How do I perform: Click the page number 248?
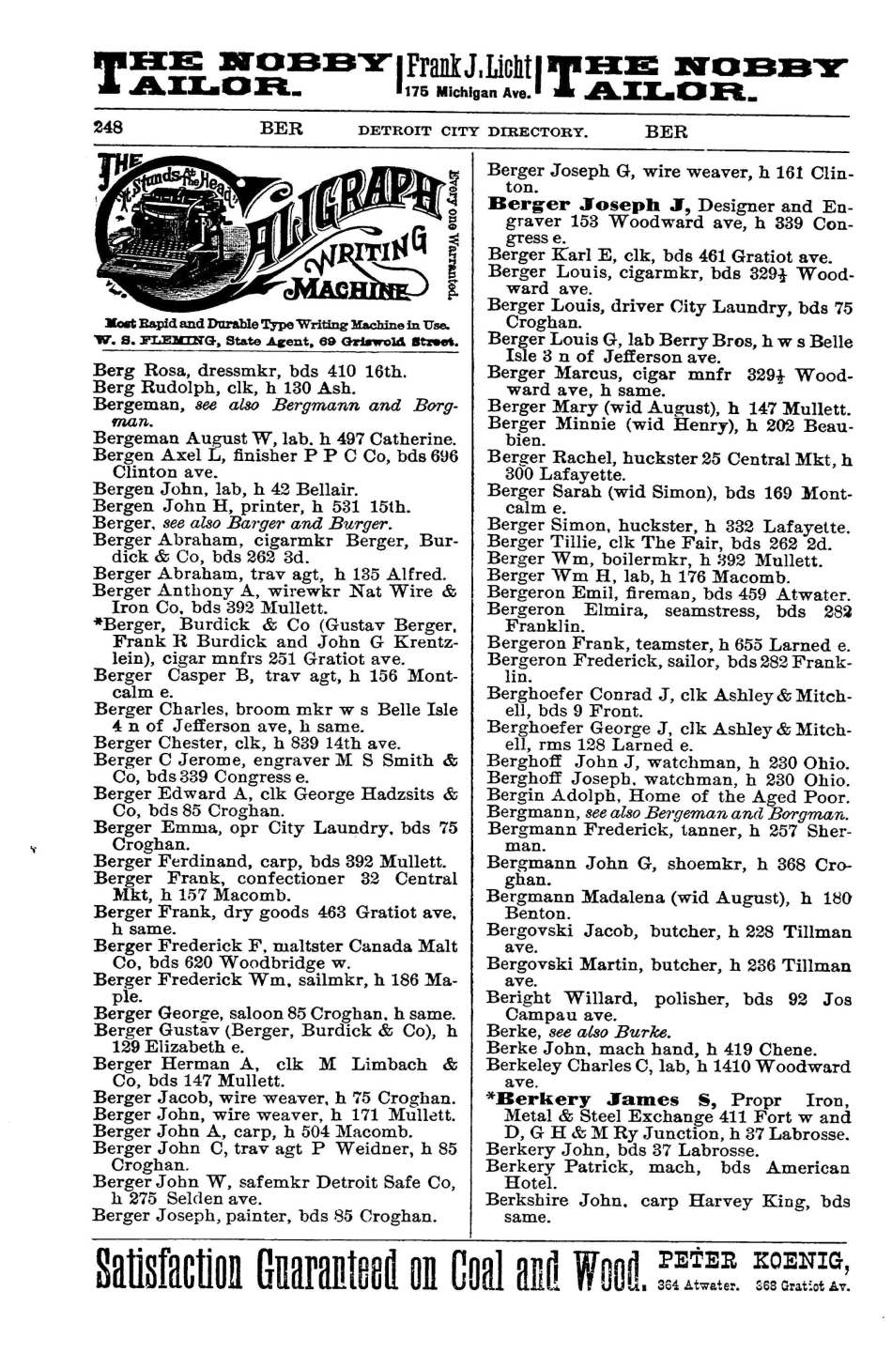(108, 127)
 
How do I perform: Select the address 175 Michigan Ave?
(468, 93)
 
